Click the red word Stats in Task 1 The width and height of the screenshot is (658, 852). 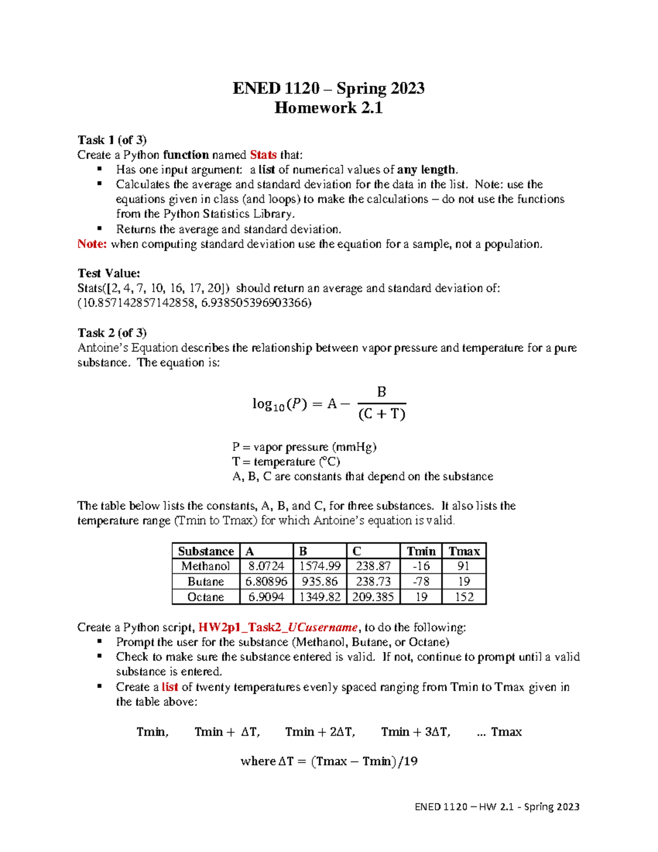263,155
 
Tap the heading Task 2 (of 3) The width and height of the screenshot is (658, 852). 112,333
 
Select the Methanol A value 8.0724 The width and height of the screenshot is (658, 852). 266,566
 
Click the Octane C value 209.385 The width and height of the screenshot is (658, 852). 373,597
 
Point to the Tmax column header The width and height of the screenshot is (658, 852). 464,551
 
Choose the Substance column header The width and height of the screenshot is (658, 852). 206,551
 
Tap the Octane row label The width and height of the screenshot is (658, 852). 206,597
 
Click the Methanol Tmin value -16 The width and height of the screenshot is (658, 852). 421,566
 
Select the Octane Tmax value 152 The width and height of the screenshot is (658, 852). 464,597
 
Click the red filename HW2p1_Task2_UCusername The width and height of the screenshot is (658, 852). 278,628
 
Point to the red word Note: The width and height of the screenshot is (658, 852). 92,244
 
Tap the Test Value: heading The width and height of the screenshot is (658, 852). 109,273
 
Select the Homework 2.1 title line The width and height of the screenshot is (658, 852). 328,108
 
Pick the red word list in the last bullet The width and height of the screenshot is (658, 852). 170,687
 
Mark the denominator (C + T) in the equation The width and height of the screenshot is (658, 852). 382,414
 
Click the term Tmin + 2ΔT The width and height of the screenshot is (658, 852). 320,732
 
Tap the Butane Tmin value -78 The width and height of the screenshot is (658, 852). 421,582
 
